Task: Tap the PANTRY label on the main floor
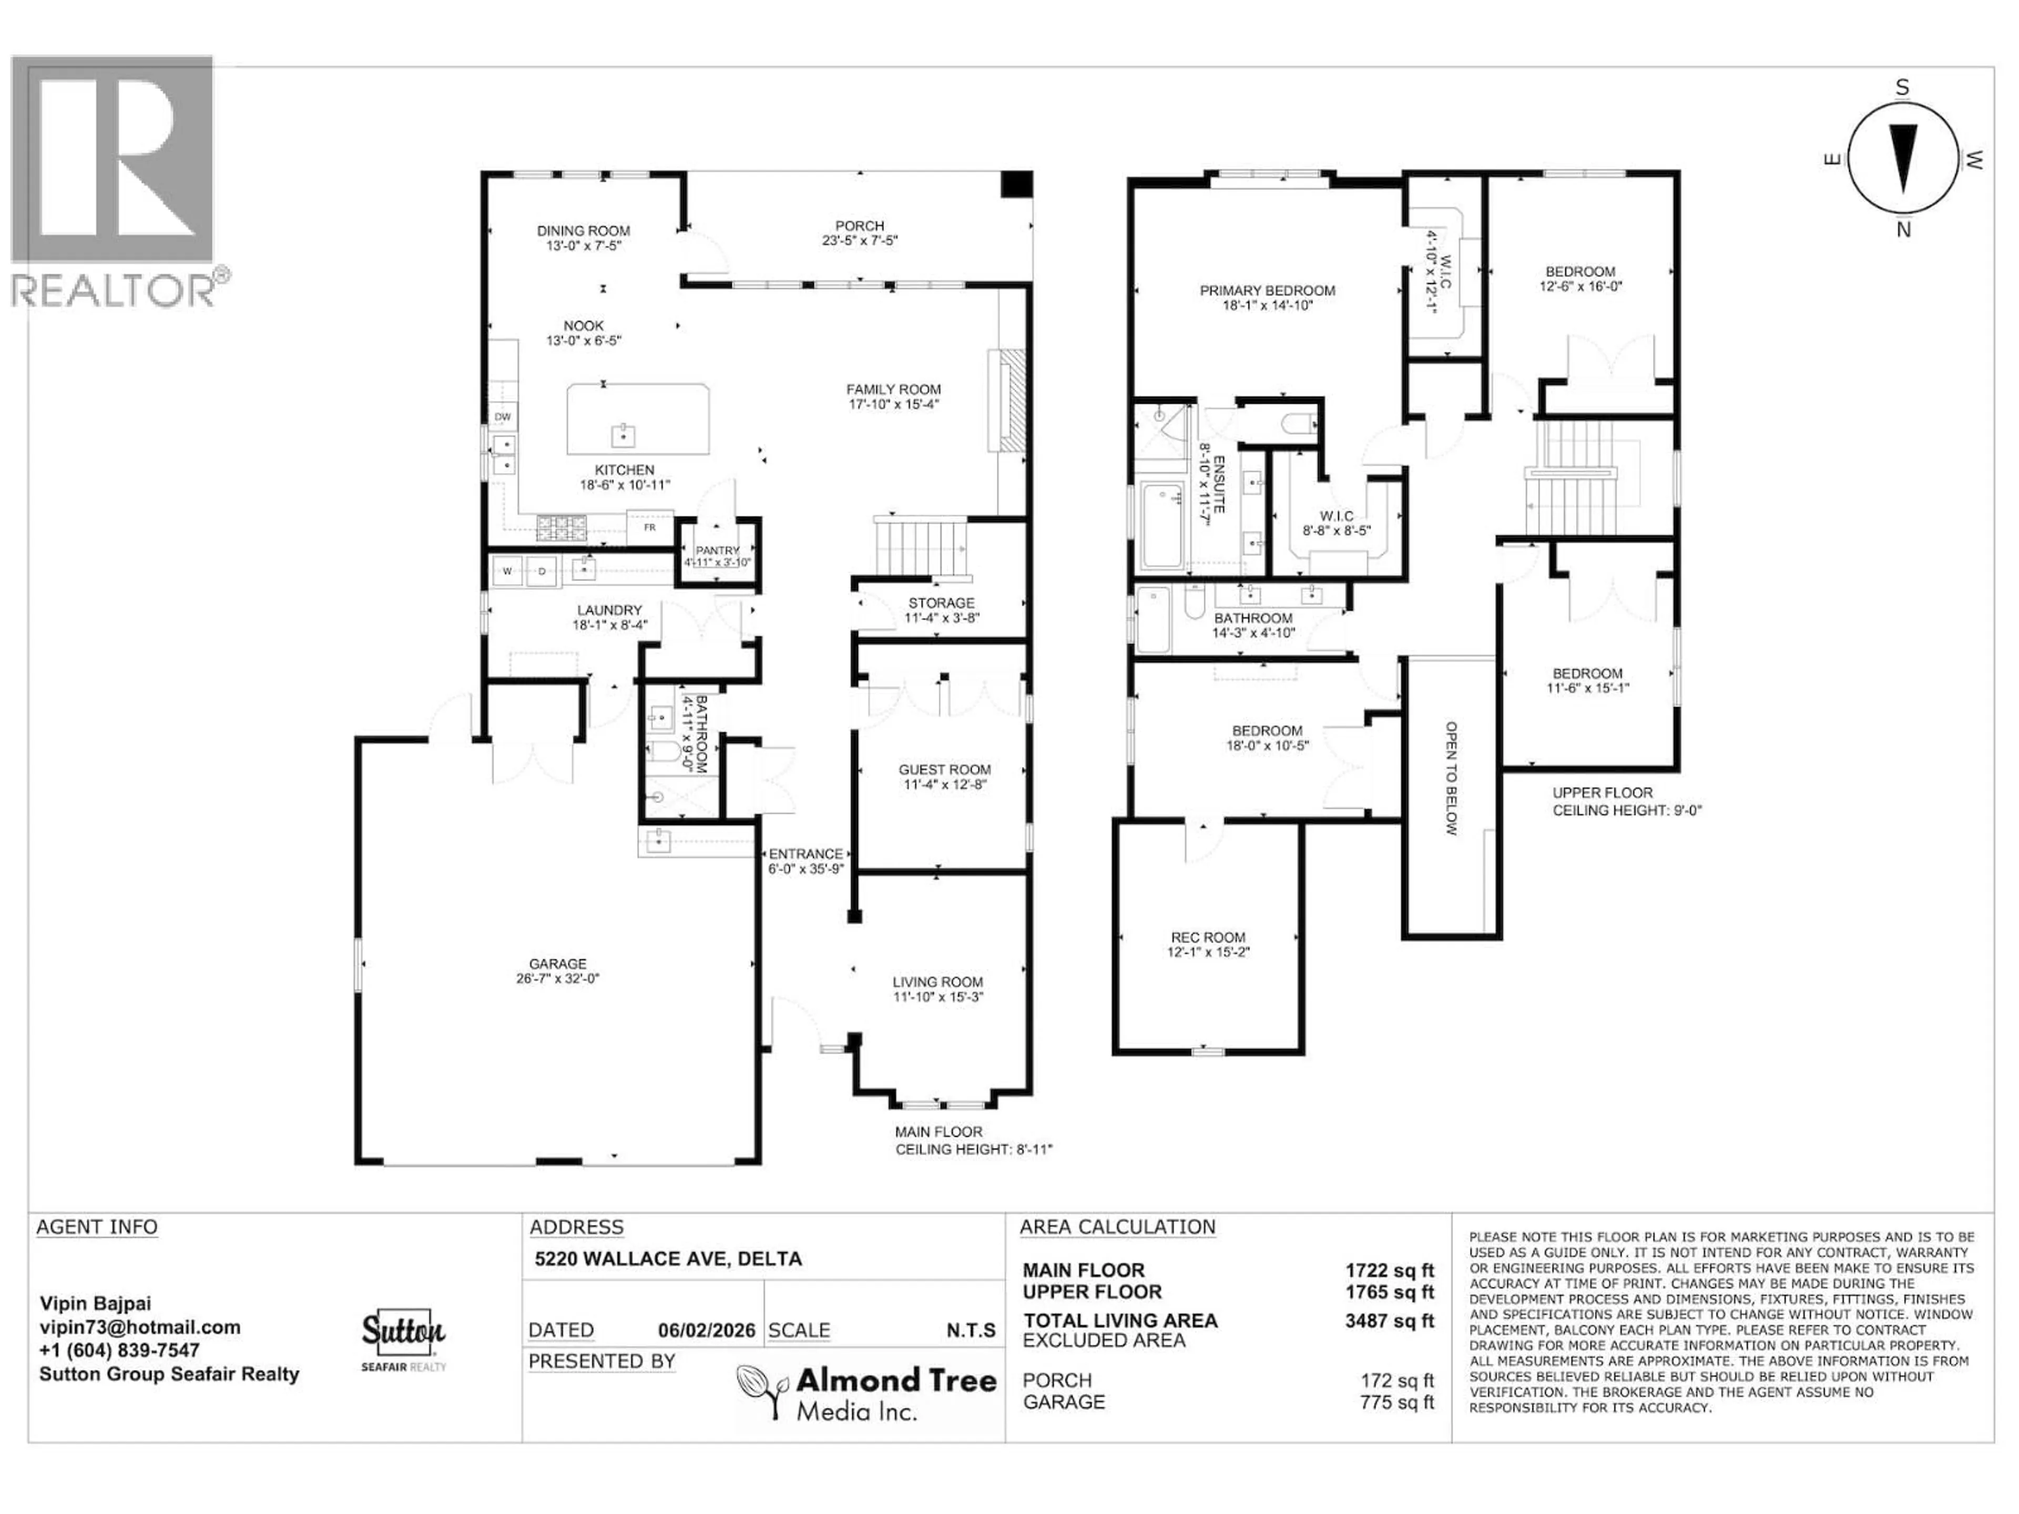coord(717,550)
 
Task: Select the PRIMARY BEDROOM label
coord(1267,290)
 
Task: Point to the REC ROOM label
coord(1208,937)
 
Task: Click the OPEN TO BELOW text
coord(1450,779)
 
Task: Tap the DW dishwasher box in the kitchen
coord(502,417)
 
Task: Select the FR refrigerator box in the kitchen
coord(649,527)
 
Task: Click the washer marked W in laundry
coord(507,572)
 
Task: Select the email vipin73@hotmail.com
coord(140,1328)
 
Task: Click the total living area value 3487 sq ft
coord(1389,1321)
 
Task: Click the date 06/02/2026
coord(707,1331)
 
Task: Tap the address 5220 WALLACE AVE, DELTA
coord(668,1259)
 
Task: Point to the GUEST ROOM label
coord(944,769)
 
